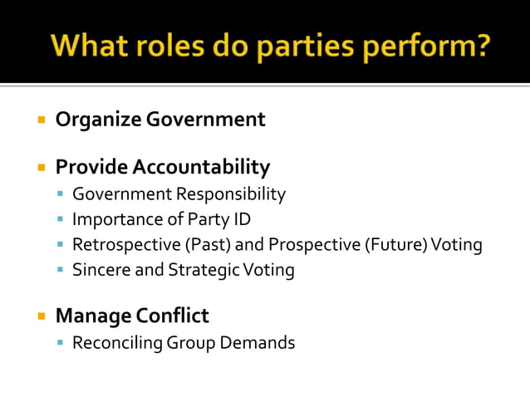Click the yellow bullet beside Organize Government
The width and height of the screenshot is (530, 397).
(x=40, y=120)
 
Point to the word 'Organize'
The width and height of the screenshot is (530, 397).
(x=98, y=120)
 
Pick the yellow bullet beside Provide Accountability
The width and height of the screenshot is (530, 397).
(x=40, y=168)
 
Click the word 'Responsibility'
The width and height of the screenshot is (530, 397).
(x=231, y=194)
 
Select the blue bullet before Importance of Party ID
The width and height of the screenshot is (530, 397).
(x=61, y=220)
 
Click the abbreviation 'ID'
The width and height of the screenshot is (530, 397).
(x=241, y=219)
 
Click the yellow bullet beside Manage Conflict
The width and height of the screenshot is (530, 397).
(x=40, y=316)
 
